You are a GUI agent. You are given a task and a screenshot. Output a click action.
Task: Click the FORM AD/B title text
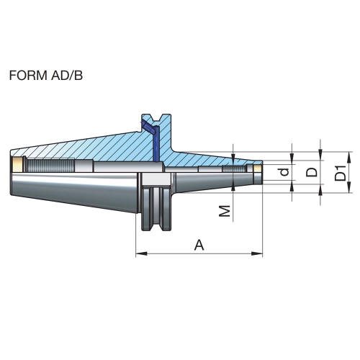46,76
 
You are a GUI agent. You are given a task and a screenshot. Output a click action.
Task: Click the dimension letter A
199,245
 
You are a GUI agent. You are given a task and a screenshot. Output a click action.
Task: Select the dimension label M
225,211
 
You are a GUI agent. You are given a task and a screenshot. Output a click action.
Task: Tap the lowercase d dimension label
284,172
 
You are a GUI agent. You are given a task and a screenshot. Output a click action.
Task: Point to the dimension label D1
341,173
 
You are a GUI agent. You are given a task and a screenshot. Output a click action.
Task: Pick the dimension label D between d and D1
312,172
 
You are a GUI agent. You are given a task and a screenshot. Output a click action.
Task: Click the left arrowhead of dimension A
141,253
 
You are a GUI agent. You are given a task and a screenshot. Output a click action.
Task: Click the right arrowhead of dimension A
257,253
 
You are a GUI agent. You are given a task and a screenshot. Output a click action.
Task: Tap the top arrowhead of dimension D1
349,157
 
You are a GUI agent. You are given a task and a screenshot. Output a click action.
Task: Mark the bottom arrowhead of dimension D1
349,187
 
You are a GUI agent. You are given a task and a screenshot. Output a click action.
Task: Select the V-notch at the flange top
157,117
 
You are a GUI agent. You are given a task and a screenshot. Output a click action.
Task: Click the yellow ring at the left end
17,165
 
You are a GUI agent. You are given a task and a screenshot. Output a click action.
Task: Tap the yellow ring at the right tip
258,169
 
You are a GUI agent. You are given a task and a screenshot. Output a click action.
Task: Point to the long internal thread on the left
50,165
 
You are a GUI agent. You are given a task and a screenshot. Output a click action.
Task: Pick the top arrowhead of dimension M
233,158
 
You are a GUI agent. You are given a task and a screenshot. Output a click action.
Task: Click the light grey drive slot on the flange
156,179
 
